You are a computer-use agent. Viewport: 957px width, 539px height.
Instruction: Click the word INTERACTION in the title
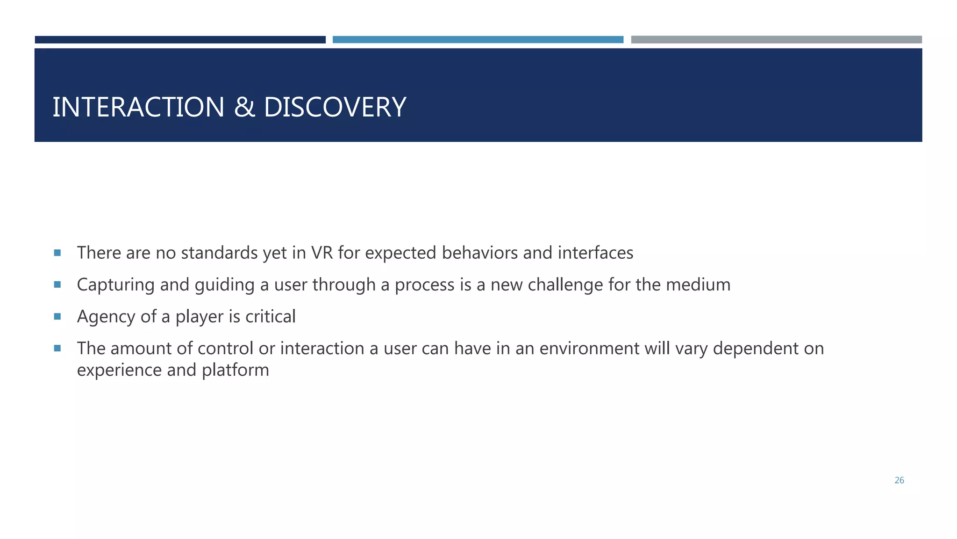tap(138, 107)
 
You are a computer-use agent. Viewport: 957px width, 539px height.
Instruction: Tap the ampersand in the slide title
tap(244, 107)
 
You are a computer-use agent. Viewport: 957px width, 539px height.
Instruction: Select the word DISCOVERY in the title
tap(335, 107)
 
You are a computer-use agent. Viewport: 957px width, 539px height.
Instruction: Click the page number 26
tap(899, 480)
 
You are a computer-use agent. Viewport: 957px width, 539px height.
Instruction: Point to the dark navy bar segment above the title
tap(180, 40)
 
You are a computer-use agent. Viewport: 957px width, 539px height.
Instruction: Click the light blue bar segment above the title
tap(478, 40)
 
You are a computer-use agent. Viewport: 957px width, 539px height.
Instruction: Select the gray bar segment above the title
tap(776, 40)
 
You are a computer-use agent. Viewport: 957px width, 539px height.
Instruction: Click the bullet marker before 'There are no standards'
tap(57, 253)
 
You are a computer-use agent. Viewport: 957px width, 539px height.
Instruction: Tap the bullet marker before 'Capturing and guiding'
tap(57, 284)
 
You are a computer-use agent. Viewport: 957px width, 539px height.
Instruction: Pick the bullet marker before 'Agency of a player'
tap(57, 316)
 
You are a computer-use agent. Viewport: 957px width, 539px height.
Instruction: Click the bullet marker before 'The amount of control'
tap(57, 348)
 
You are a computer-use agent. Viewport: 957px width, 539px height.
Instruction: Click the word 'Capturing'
tap(115, 285)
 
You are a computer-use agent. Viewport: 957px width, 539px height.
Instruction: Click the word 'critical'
tap(271, 317)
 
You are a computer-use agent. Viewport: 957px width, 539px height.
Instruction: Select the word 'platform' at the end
tap(236, 370)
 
